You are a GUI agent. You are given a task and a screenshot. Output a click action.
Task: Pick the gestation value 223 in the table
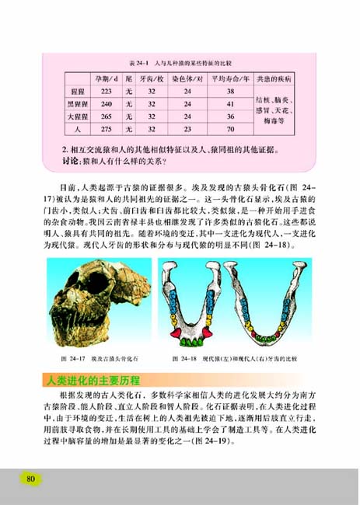[x=107, y=91]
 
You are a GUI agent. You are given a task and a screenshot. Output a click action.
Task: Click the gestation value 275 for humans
[x=107, y=128]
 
